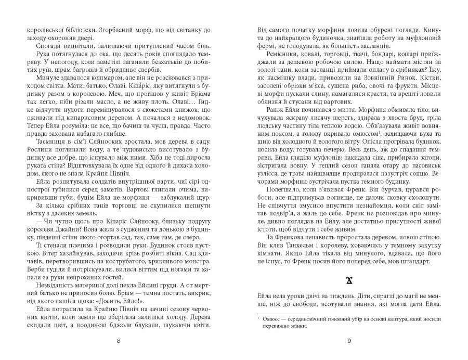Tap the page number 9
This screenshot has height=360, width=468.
click(x=349, y=341)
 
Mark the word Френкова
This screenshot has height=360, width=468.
click(x=286, y=237)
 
